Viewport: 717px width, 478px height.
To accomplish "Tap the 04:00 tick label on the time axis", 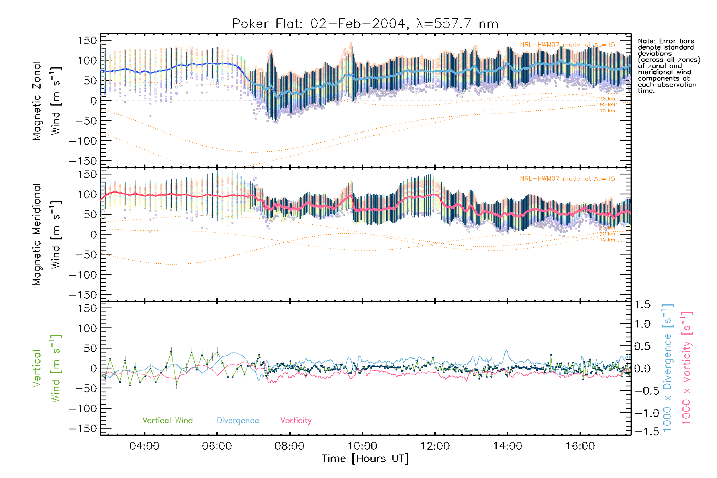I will (144, 446).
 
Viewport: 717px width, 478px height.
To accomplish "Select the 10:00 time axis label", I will (362, 446).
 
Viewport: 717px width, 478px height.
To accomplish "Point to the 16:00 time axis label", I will (580, 446).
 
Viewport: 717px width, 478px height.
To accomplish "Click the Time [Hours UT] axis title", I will (365, 458).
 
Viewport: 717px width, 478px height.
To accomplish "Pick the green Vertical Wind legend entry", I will (167, 421).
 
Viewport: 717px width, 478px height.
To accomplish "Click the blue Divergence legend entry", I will (238, 421).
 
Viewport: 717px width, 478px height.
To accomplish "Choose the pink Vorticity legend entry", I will (296, 421).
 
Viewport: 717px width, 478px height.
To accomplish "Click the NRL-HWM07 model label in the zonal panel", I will (567, 45).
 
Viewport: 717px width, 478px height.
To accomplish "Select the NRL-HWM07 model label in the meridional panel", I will (567, 179).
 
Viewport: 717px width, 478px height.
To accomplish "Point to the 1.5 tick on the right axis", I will (642, 305).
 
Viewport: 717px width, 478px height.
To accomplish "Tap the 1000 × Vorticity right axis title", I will (687, 368).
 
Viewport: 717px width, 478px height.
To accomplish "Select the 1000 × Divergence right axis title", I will (668, 368).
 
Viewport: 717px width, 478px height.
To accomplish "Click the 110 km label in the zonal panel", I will (605, 111).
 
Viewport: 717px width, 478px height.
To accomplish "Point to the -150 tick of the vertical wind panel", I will (83, 429).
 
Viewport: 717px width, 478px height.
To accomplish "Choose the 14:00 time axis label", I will (507, 446).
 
